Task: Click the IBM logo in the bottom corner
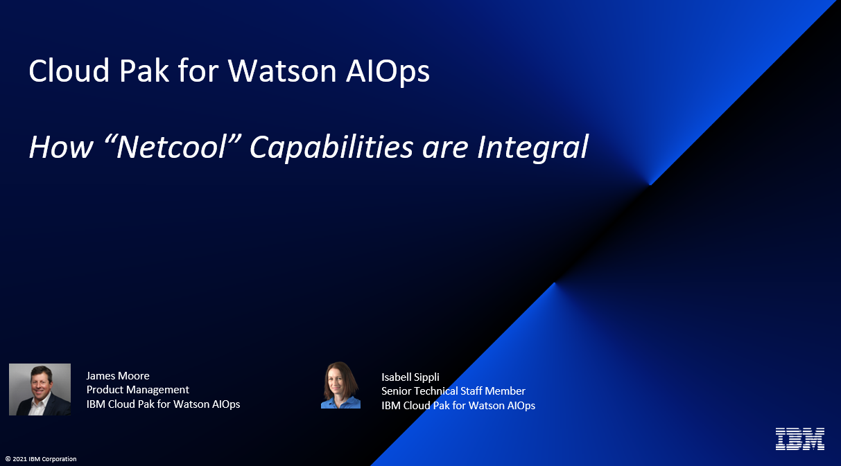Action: pos(799,439)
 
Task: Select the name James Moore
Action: pos(118,375)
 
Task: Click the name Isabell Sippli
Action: pos(410,377)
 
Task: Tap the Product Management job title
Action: pos(138,389)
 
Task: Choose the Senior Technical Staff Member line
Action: pos(453,391)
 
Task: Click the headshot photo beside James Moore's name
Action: pos(40,389)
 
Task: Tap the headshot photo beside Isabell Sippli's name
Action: pos(340,386)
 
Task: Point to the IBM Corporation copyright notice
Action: pos(41,459)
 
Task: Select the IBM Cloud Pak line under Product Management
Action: pos(163,404)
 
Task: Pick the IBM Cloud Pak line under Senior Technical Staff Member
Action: pos(458,405)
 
